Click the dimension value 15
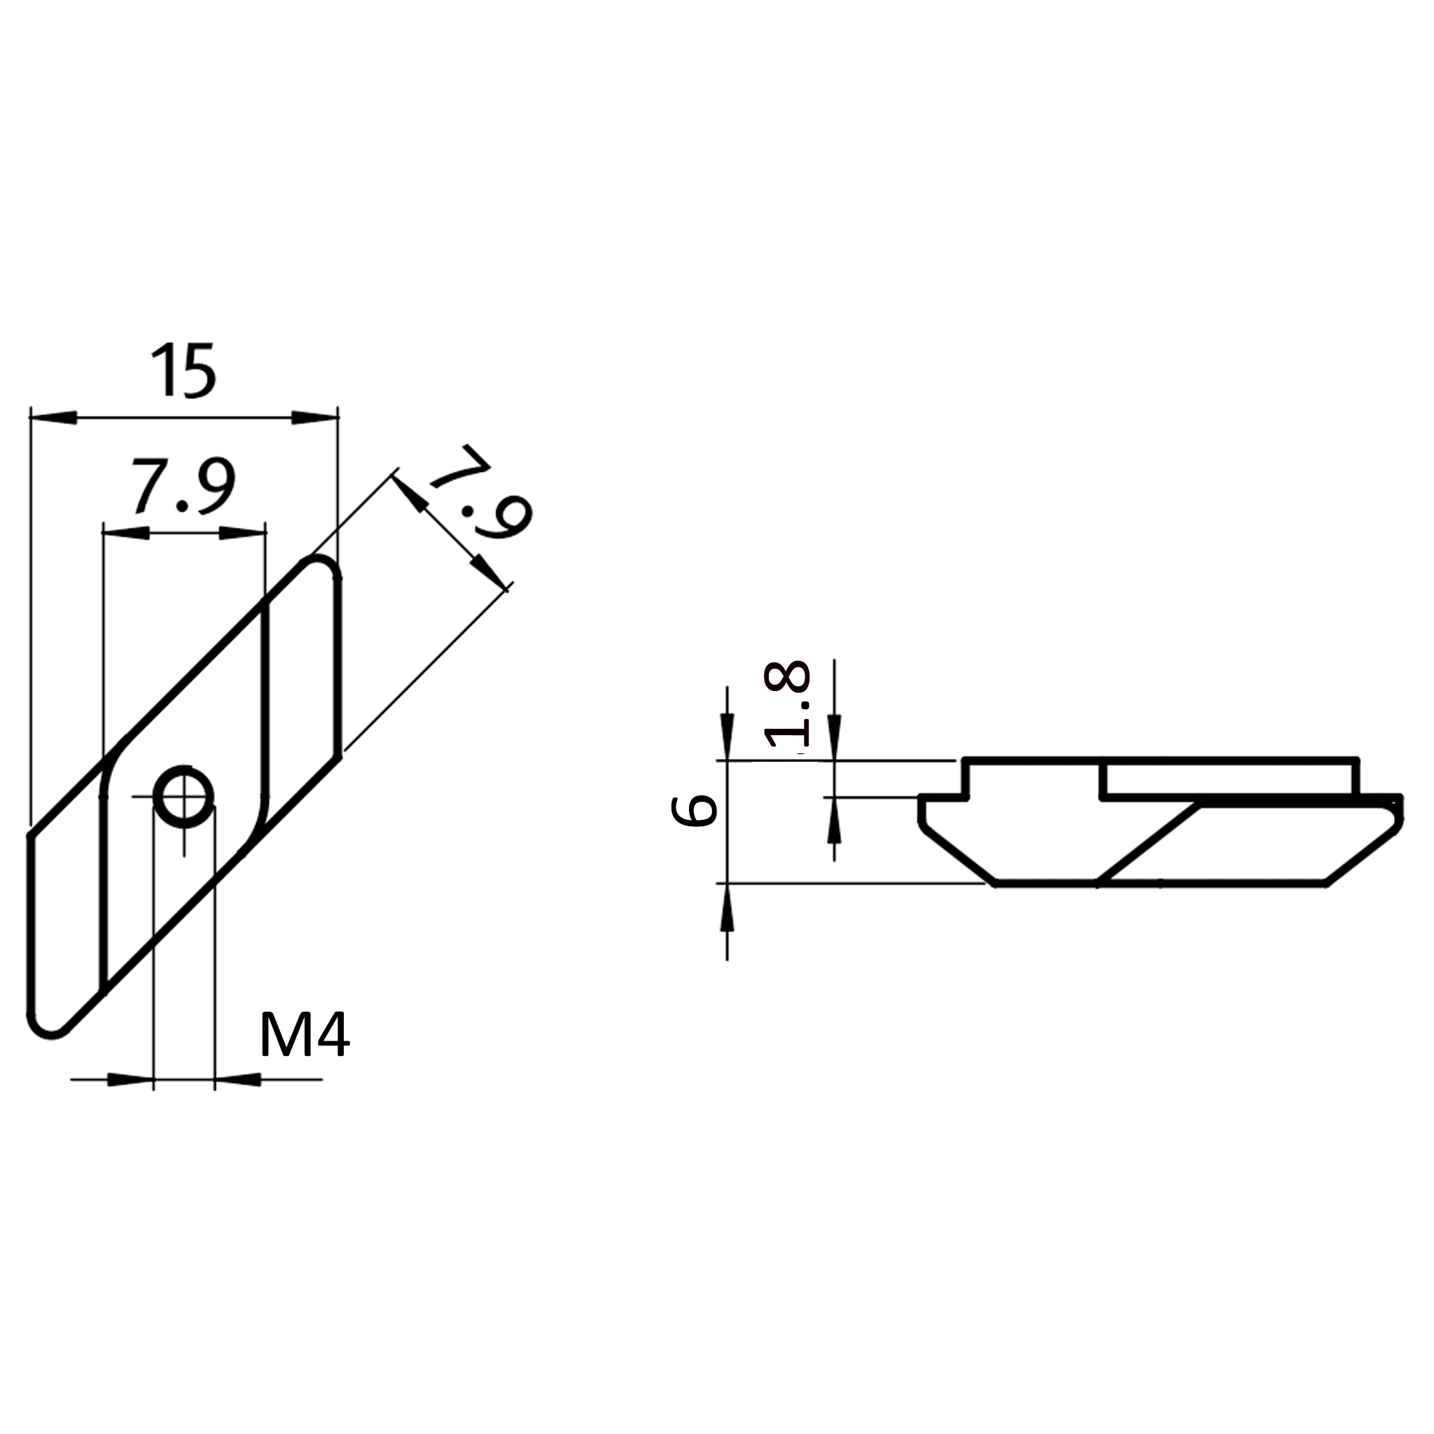183,370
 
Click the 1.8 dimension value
788,704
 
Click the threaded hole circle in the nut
183,796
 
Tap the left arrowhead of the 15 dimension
53,418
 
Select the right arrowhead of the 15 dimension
314,418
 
